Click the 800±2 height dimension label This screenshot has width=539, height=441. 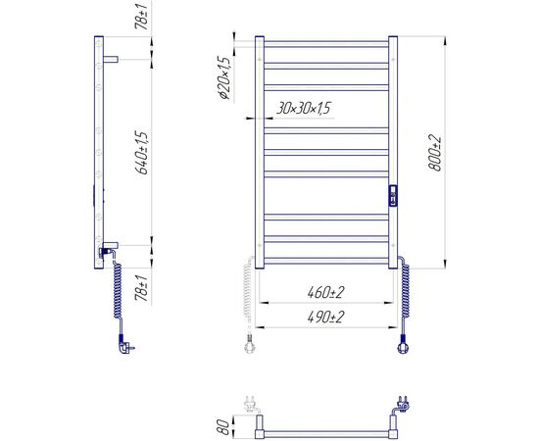[435, 153]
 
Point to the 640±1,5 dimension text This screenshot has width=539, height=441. [142, 153]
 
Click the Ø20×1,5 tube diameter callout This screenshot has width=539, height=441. [224, 77]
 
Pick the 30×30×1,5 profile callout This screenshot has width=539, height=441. [303, 108]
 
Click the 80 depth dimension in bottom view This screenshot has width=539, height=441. [223, 426]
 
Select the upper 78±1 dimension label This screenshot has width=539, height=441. [142, 16]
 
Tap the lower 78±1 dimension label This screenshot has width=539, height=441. [142, 288]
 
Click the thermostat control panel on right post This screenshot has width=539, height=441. [393, 196]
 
